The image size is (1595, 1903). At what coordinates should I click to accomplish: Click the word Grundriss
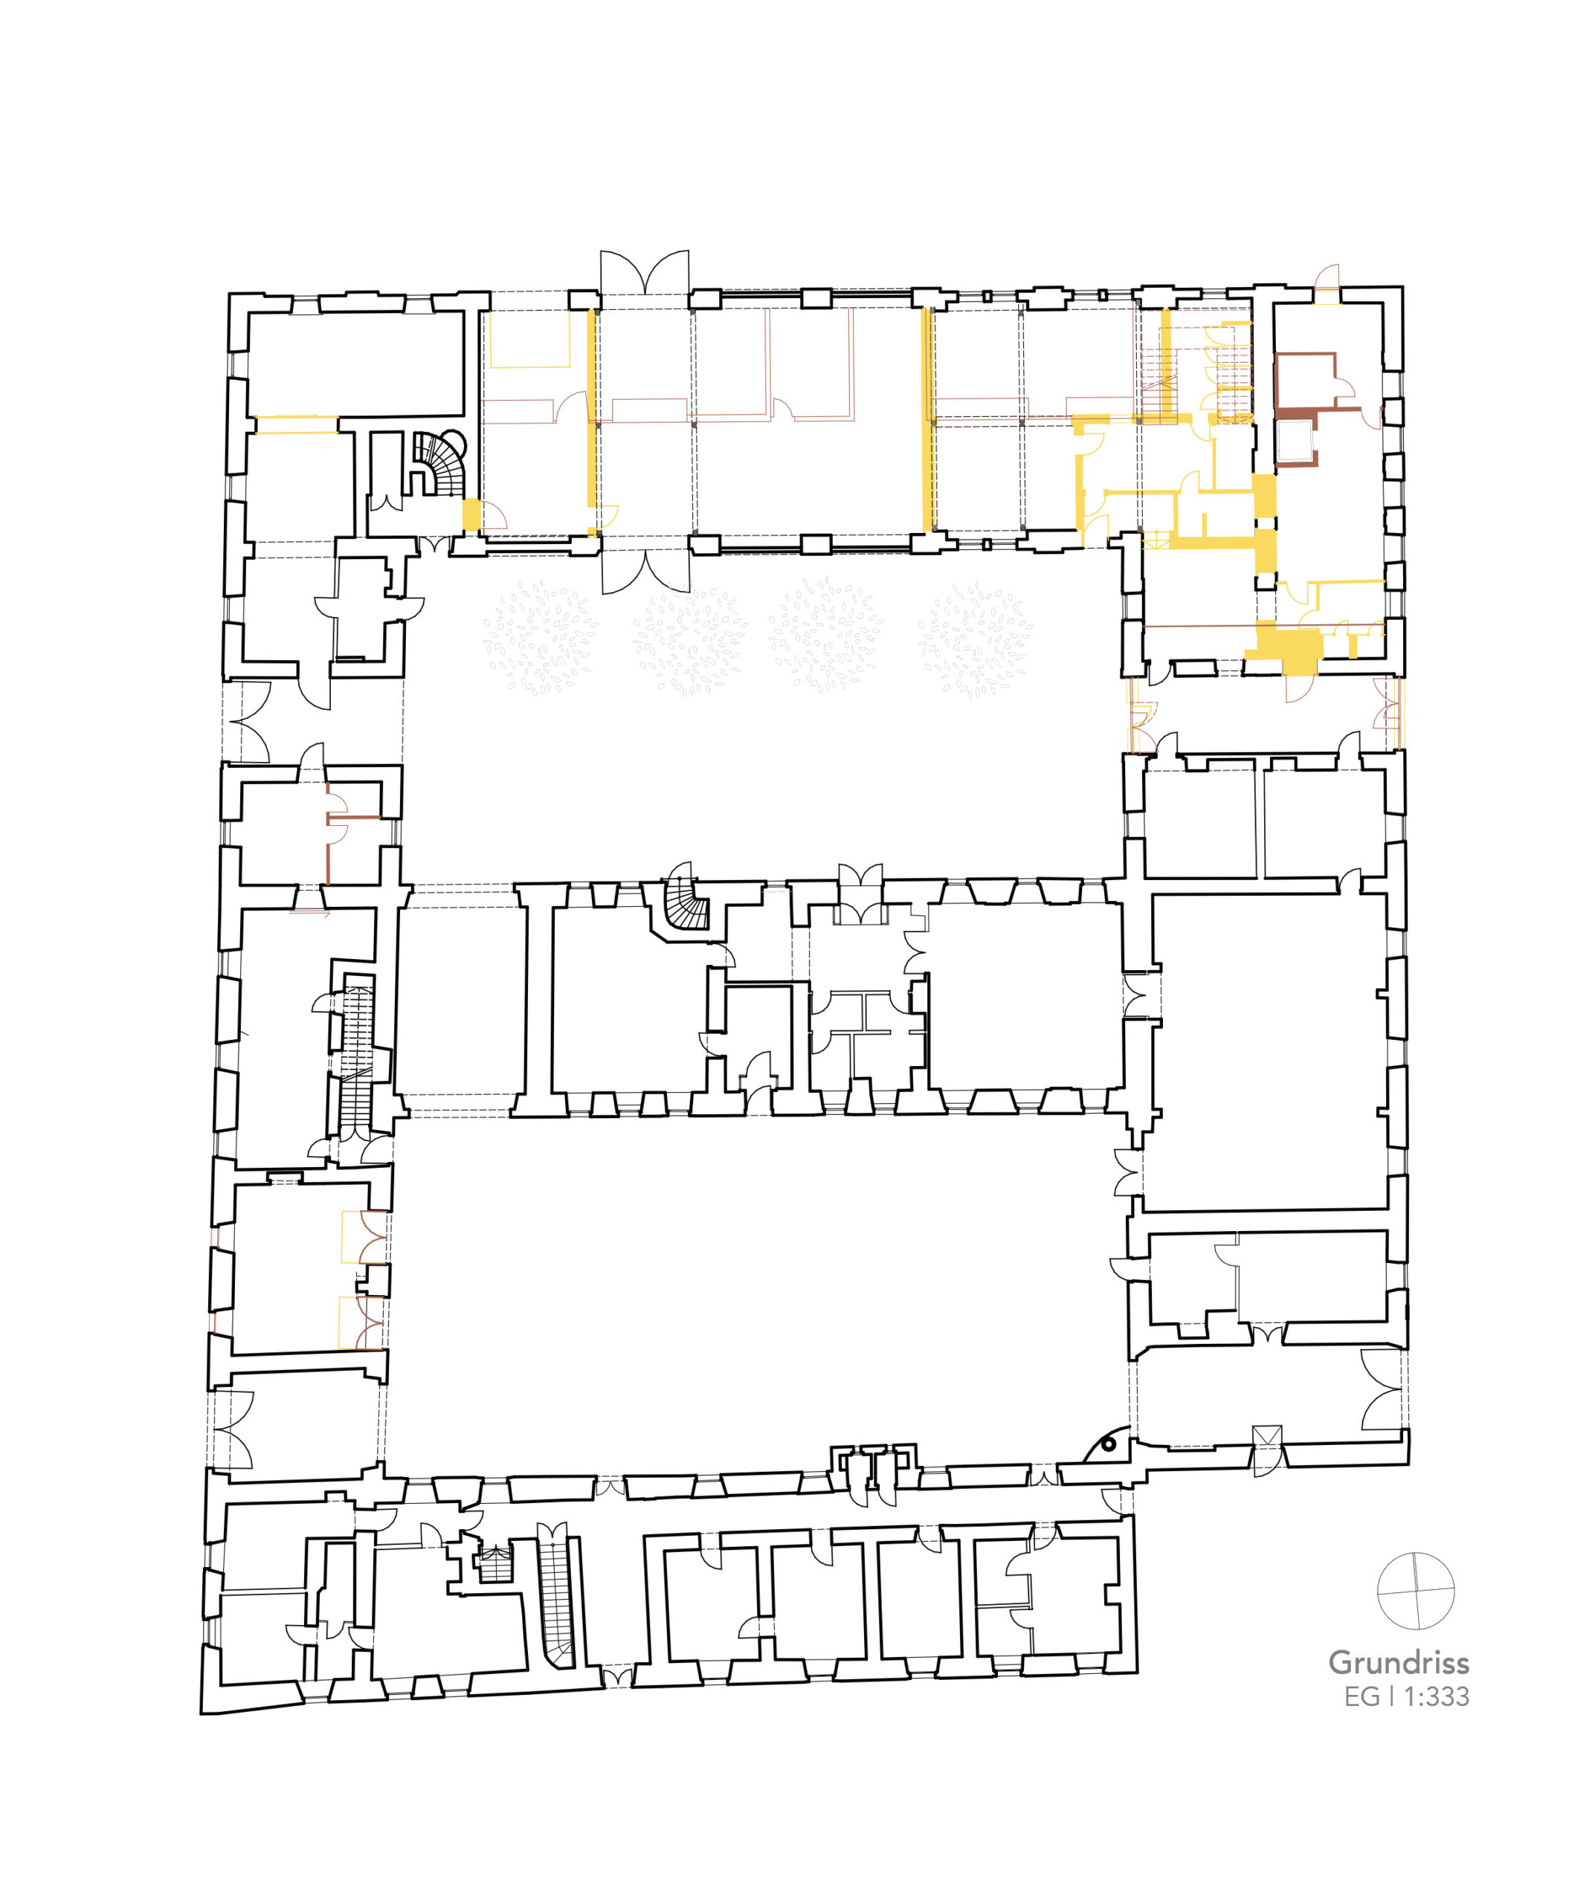[1399, 1663]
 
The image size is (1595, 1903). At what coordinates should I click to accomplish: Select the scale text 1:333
[1437, 1696]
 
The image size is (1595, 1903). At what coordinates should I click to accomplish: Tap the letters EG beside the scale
[1362, 1696]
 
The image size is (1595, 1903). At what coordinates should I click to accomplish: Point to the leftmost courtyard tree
[541, 638]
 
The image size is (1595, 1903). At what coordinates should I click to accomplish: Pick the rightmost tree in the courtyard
[975, 638]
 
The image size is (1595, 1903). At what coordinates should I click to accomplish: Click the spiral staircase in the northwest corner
[442, 463]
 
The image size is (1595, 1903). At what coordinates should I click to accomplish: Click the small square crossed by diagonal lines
[1267, 1436]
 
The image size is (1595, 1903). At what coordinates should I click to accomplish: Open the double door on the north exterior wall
[645, 272]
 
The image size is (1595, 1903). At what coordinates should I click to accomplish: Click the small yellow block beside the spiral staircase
[471, 514]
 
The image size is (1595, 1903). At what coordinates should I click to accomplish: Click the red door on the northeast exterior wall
[1327, 277]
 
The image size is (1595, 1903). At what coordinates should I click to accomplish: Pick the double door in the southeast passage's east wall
[1383, 1390]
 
